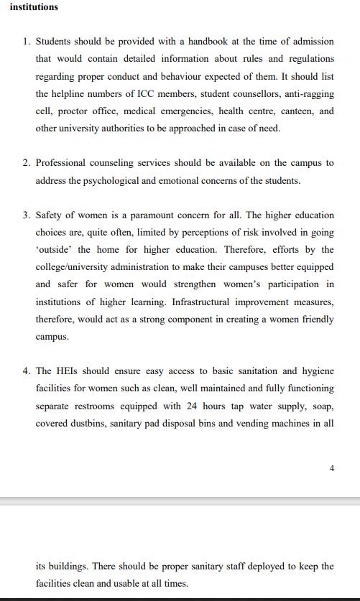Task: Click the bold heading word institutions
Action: pos(34,7)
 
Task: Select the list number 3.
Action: pos(25,215)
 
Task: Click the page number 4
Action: pos(331,468)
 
